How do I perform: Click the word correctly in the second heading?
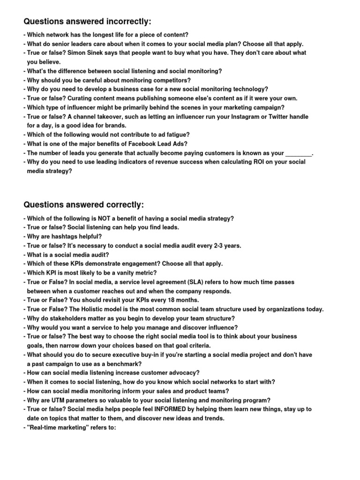tap(121, 205)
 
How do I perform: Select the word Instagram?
tap(242, 117)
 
